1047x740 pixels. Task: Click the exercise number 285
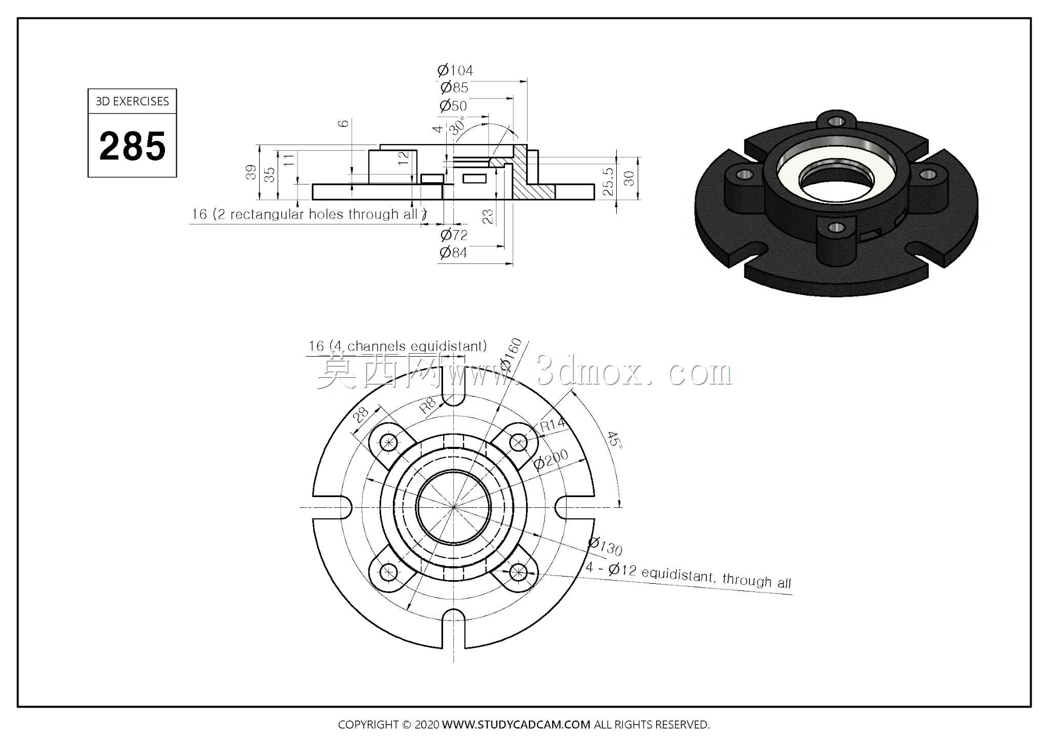(x=133, y=146)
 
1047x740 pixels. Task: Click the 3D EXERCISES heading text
(x=132, y=101)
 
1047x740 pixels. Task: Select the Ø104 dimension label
(x=455, y=70)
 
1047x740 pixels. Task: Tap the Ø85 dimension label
(x=454, y=88)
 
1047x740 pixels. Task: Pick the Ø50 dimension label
(x=453, y=106)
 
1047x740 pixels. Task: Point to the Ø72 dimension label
(x=454, y=235)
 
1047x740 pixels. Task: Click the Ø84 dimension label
(x=453, y=252)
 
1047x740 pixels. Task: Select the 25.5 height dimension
(x=608, y=181)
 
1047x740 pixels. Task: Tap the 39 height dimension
(x=250, y=172)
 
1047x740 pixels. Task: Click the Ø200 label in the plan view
(x=551, y=459)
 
